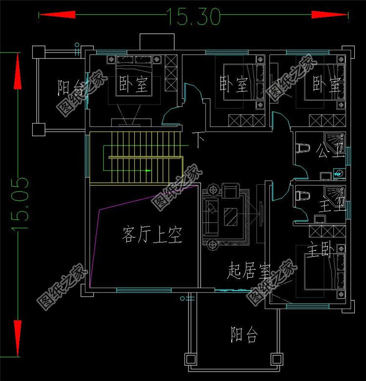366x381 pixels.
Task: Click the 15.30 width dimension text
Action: (194, 16)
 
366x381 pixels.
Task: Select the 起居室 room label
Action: (248, 270)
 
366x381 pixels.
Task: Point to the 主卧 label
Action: (320, 251)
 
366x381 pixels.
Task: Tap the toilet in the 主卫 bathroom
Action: (302, 196)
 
